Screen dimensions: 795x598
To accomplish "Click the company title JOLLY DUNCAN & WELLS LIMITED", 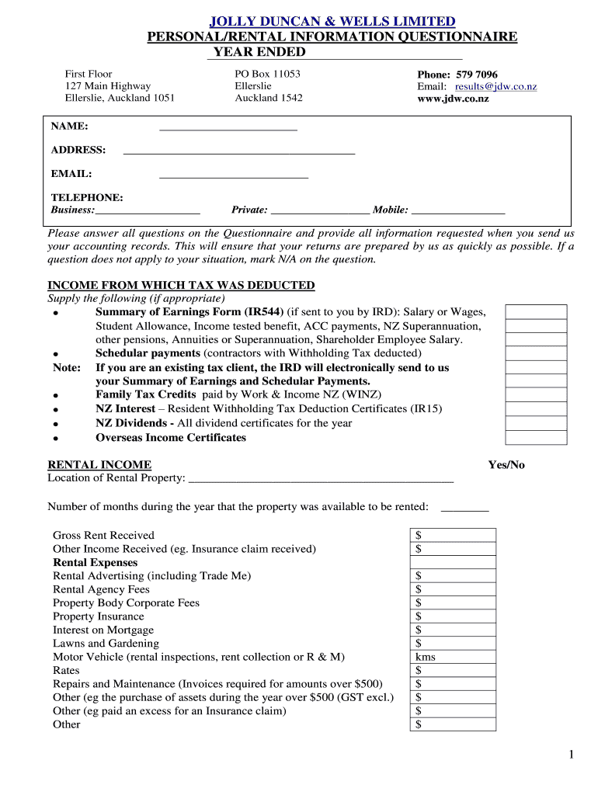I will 332,21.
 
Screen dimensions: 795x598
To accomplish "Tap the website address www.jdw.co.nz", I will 453,99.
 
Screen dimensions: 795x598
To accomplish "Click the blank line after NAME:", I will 228,127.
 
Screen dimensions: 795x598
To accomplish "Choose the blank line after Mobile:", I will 457,210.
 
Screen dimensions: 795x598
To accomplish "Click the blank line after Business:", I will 148,210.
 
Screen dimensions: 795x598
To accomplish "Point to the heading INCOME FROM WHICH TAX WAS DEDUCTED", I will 181,286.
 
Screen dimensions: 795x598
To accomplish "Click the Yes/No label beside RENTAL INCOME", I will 506,465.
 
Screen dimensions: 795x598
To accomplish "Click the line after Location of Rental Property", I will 321,479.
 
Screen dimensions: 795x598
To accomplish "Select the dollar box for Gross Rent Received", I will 452,535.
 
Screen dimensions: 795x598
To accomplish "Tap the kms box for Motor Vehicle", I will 452,657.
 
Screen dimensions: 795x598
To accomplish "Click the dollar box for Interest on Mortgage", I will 452,630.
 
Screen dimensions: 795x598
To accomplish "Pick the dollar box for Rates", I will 452,670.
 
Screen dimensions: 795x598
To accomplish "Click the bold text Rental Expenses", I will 95,562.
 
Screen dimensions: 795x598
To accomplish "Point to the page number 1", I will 569,755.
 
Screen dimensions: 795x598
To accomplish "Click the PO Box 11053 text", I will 267,75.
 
